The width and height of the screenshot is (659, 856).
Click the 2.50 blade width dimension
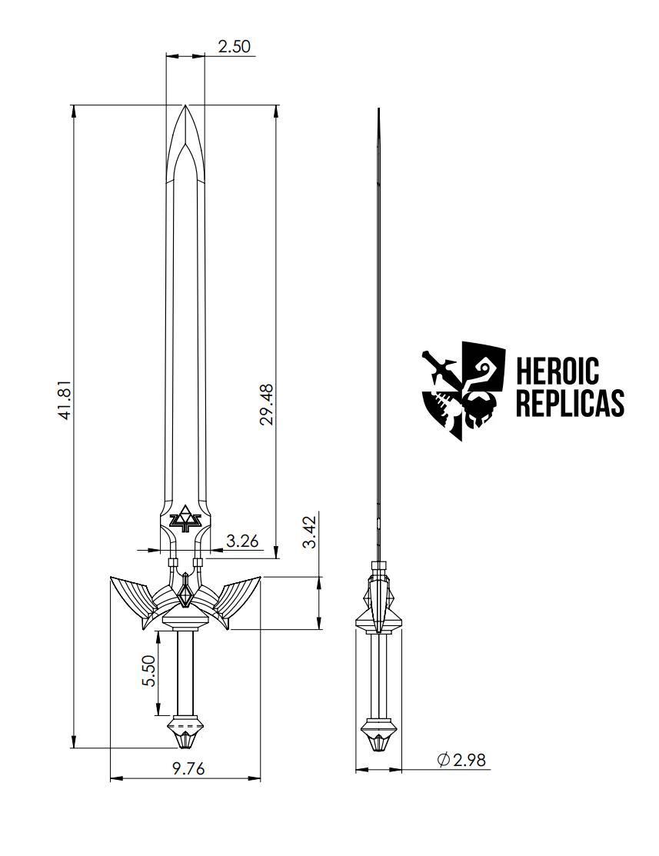click(234, 46)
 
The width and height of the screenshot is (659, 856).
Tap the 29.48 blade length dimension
click(267, 405)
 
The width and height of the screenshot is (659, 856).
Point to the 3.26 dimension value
click(242, 541)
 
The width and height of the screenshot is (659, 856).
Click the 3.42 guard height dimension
click(309, 532)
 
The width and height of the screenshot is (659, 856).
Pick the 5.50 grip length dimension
click(149, 671)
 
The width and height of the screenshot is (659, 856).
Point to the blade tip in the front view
click(185, 108)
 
